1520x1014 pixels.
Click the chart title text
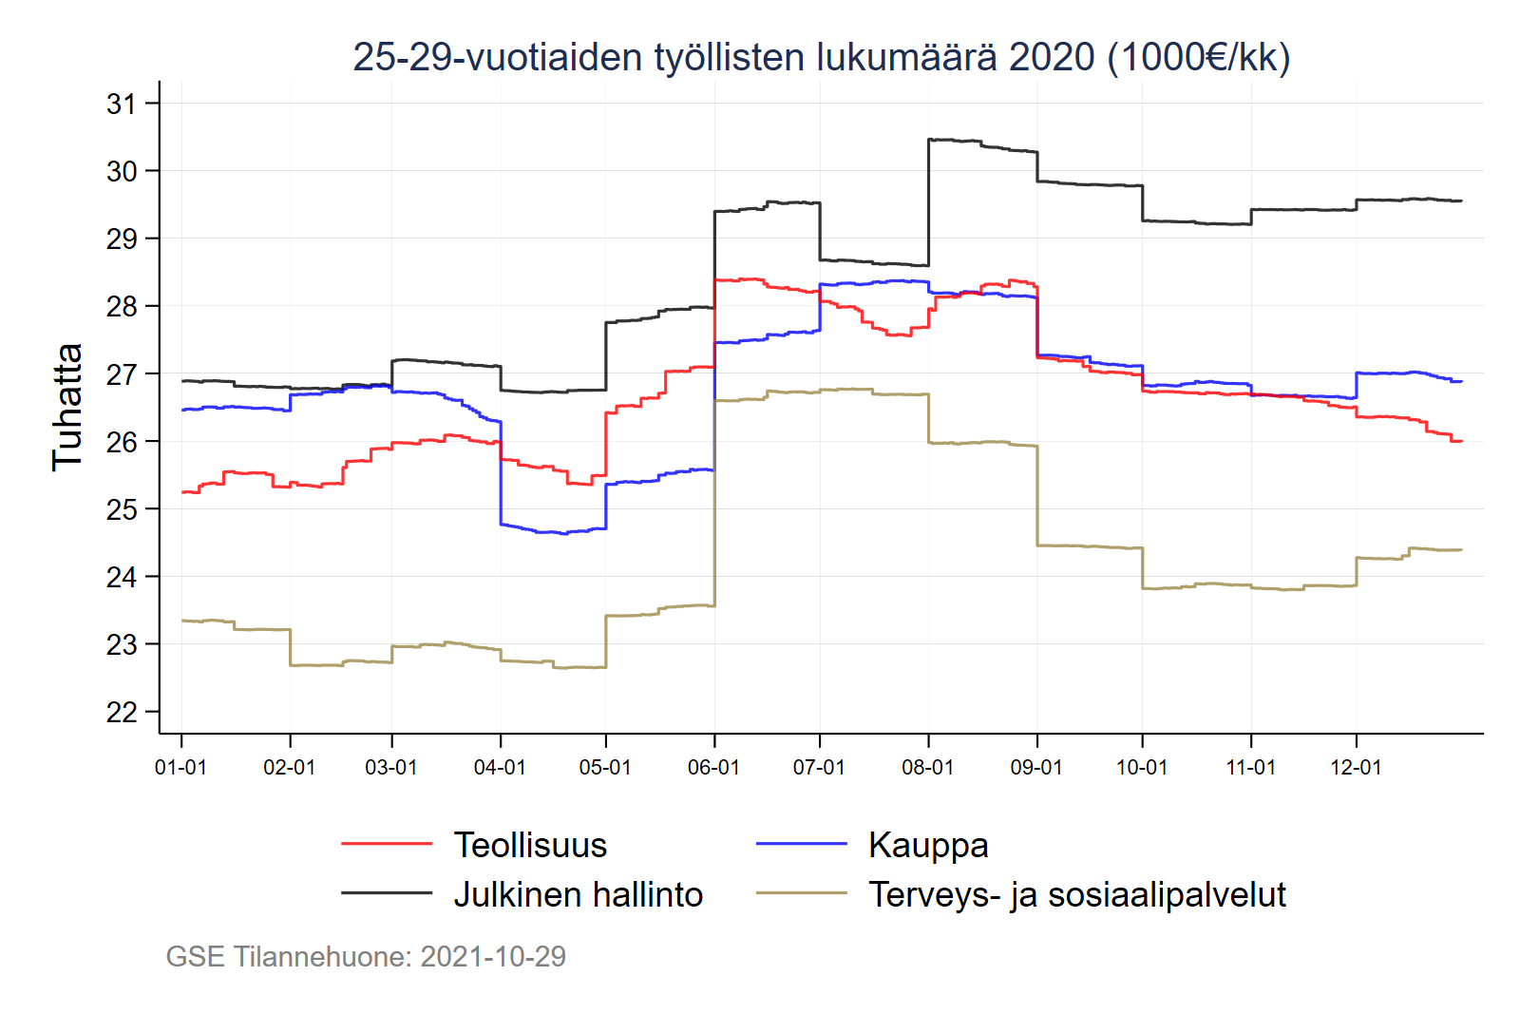[x=821, y=57]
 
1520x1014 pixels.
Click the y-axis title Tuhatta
[x=67, y=407]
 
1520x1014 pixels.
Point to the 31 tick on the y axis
[x=122, y=104]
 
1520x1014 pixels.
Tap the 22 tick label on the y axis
[x=122, y=712]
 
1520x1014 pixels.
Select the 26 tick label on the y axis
[x=122, y=442]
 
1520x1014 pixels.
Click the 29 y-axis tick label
[x=122, y=239]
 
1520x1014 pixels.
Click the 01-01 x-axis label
[x=180, y=767]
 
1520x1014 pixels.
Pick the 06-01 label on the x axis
[x=713, y=767]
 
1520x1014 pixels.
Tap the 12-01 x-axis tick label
[x=1356, y=767]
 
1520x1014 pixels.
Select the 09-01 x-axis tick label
[x=1036, y=767]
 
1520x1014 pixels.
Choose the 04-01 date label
[x=500, y=767]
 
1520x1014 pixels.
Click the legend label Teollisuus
[x=530, y=845]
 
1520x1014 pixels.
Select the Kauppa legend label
[x=928, y=845]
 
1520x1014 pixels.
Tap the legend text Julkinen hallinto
[x=578, y=894]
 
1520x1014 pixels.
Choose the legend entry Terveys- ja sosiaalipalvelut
[x=1076, y=894]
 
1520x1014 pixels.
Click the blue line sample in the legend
[x=801, y=844]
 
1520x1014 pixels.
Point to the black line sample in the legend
[x=387, y=893]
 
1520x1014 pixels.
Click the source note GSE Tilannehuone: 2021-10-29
[x=366, y=956]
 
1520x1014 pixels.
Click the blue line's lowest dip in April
[x=564, y=533]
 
